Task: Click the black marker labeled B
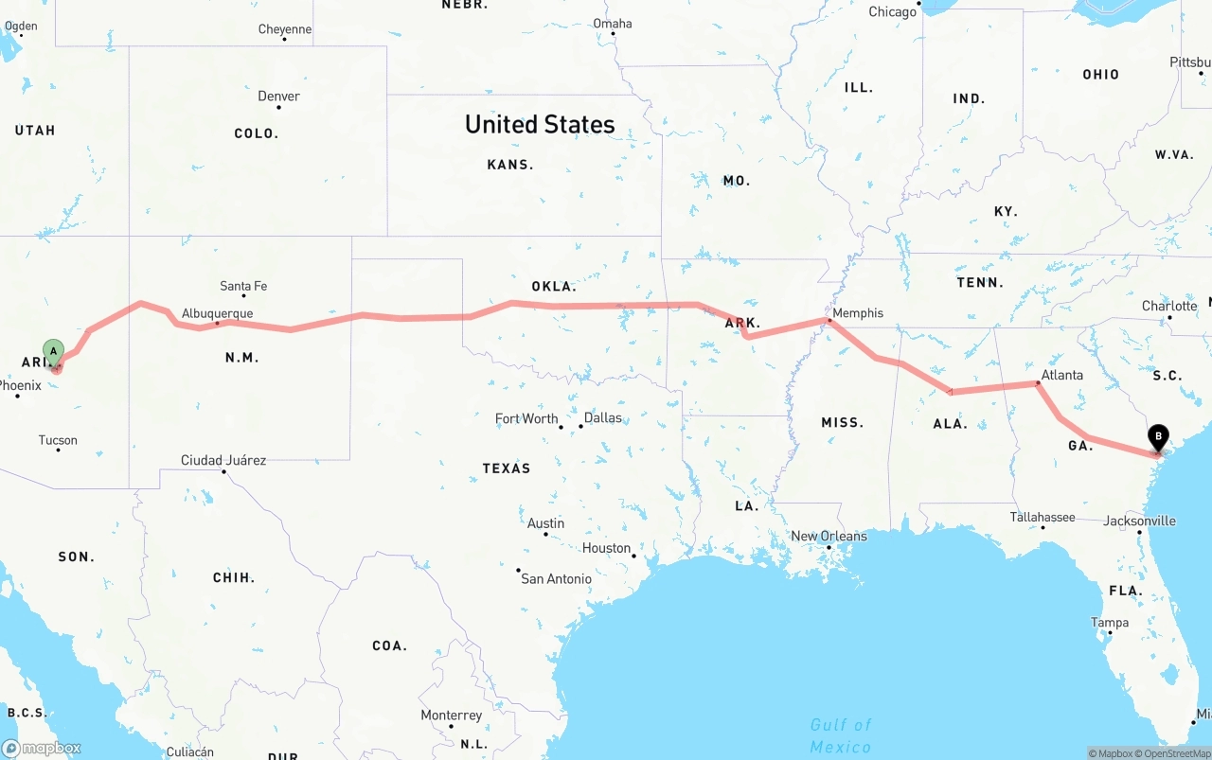pos(1157,438)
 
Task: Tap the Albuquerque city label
pos(217,313)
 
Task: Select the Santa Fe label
pos(243,286)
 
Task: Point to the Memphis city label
pos(858,312)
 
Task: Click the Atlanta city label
pos(1061,375)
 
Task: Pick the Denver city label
pos(278,96)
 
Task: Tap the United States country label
pos(540,124)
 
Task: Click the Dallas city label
pos(603,417)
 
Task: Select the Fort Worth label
pos(526,418)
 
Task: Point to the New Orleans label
pos(829,536)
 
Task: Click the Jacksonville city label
pos(1139,521)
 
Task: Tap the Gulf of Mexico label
pos(841,735)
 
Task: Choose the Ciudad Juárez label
pos(223,460)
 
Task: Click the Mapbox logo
pos(42,748)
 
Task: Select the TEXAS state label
pos(507,468)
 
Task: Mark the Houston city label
pos(606,548)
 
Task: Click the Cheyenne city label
pos(285,29)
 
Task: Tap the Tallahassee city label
pos(1043,517)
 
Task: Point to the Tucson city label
pos(58,440)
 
